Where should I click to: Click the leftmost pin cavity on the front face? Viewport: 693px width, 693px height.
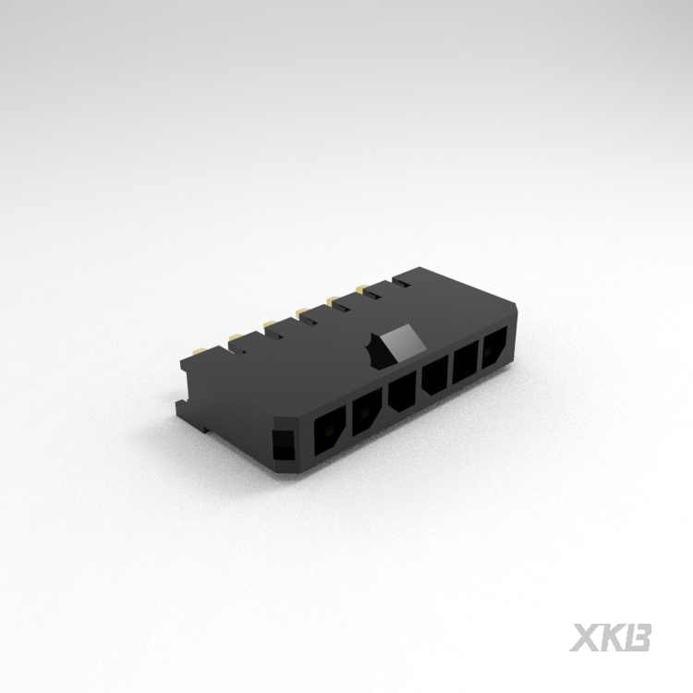pos(330,434)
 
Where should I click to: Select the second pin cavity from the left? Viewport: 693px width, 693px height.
pos(367,407)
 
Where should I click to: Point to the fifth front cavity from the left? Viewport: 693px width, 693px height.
pos(465,360)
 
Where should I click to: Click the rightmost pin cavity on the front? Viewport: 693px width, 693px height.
pos(493,346)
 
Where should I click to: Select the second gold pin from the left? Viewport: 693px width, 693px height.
pos(237,335)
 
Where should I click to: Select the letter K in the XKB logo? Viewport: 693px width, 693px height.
pos(614,637)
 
